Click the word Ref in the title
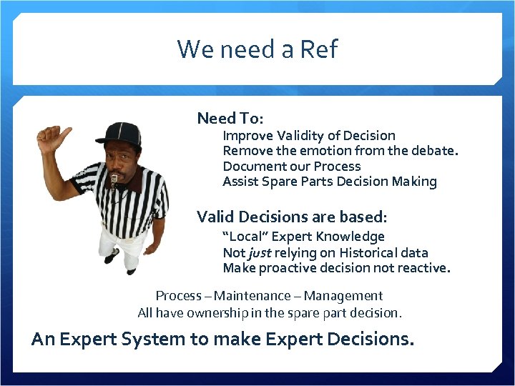coord(320,49)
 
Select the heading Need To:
coord(230,118)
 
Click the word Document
coord(252,166)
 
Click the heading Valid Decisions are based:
coord(292,216)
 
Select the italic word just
coord(259,252)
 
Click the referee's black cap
coord(119,134)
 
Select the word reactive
coord(424,268)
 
